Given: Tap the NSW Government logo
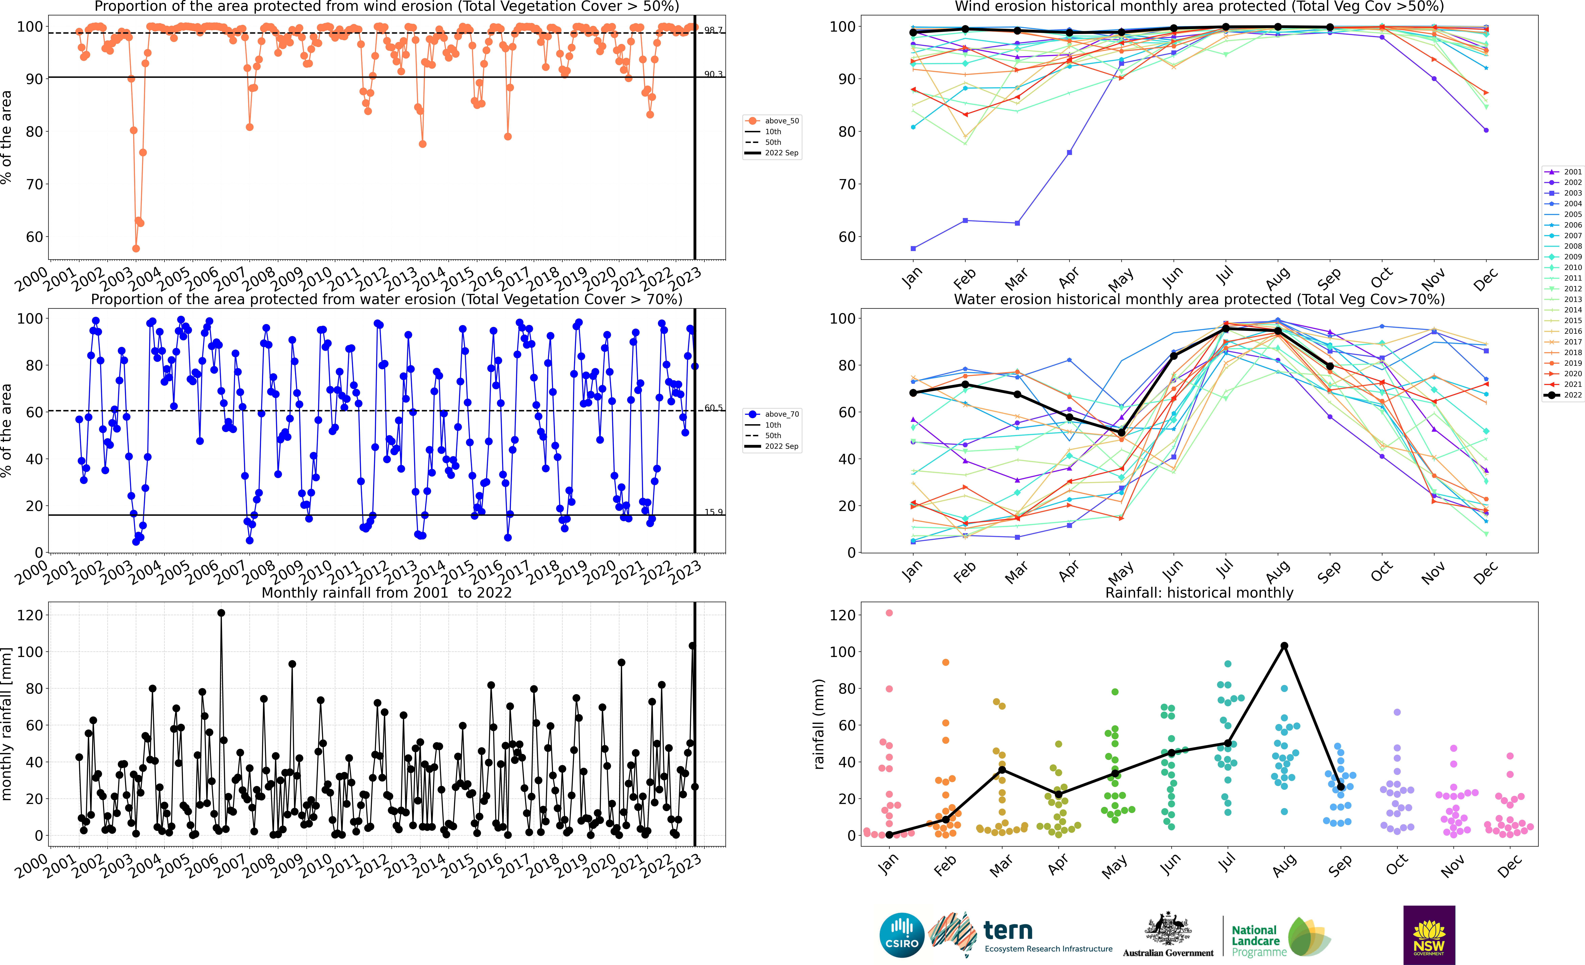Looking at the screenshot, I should pos(1429,935).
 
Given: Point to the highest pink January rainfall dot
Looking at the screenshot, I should pos(889,613).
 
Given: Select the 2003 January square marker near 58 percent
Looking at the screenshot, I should pos(913,248).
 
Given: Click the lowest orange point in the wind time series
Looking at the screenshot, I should pos(136,248).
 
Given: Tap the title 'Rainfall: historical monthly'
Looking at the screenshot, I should pos(1199,593).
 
